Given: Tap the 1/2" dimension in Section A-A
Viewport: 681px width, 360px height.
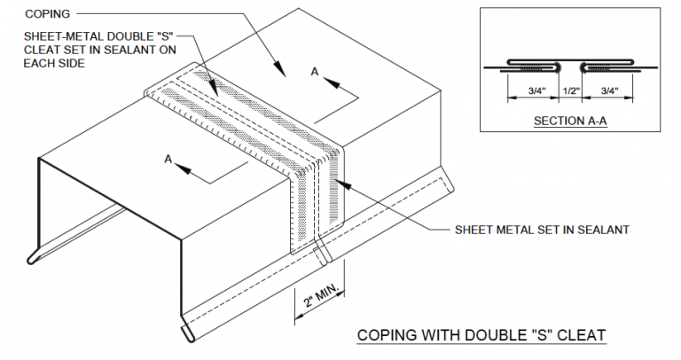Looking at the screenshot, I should (x=569, y=90).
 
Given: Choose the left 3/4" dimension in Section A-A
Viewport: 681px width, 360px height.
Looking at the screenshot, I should (x=533, y=90).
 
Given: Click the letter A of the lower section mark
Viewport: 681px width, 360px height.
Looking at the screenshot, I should (x=168, y=157).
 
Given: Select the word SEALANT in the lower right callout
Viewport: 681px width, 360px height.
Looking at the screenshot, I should (x=602, y=229).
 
